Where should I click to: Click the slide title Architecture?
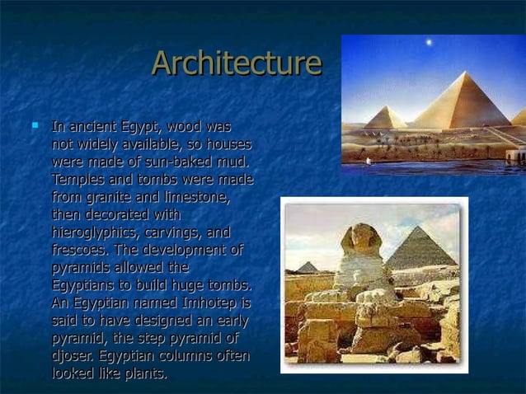click(x=237, y=63)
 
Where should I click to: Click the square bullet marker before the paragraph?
click(x=35, y=126)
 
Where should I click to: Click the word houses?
click(x=228, y=144)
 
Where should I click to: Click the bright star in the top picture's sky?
click(x=428, y=42)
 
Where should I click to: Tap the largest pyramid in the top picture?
click(x=462, y=103)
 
